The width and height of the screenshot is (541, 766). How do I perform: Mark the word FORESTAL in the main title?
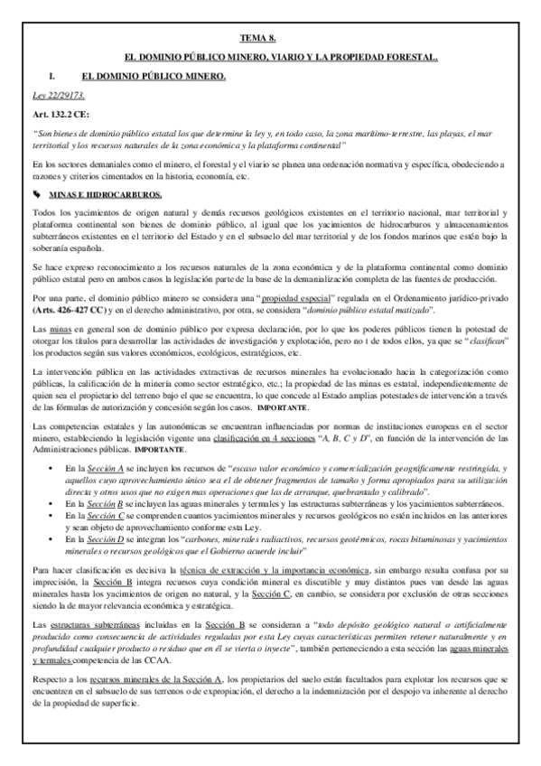click(407, 57)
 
